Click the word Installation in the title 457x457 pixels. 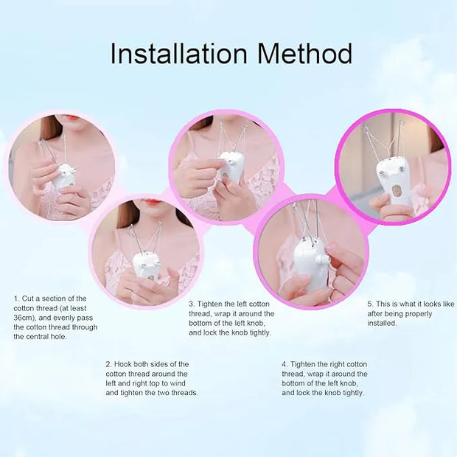click(x=178, y=54)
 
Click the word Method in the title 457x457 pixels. click(x=301, y=54)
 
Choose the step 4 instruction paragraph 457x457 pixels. click(x=324, y=378)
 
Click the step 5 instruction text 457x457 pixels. click(x=411, y=313)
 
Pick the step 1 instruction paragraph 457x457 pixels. click(x=55, y=318)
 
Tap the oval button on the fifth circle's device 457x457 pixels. click(x=395, y=194)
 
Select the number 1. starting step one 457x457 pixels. click(x=16, y=299)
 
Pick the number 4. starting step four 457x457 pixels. click(x=285, y=364)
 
